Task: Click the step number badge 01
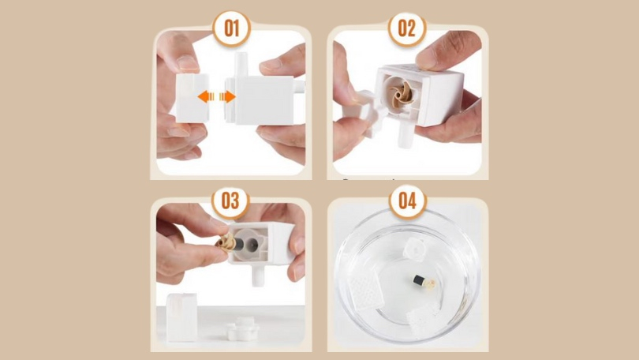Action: [231, 28]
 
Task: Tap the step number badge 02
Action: [407, 28]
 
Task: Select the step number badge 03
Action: [230, 201]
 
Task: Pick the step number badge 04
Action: [408, 201]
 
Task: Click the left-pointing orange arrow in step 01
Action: [206, 96]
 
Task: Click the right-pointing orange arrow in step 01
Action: [227, 96]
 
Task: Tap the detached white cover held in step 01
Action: [192, 98]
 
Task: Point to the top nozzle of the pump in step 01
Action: [241, 65]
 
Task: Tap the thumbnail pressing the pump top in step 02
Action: [427, 60]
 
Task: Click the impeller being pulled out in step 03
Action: [226, 242]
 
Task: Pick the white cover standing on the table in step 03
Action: [181, 317]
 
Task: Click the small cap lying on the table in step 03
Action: [242, 329]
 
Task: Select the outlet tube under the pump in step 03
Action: [257, 276]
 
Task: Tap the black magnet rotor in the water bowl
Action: [419, 280]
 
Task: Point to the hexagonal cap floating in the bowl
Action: [414, 249]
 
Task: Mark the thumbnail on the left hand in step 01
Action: [188, 63]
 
